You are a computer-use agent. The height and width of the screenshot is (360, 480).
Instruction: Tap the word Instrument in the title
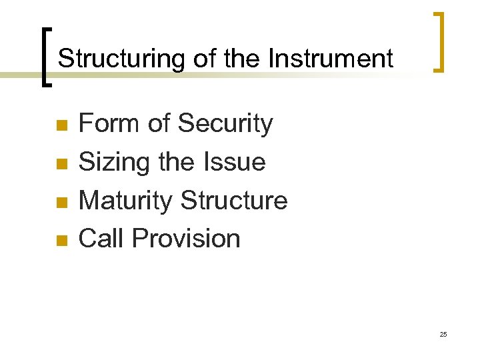(331, 59)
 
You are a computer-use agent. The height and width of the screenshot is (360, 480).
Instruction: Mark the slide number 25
(443, 334)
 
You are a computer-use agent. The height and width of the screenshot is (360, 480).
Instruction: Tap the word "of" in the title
(205, 59)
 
